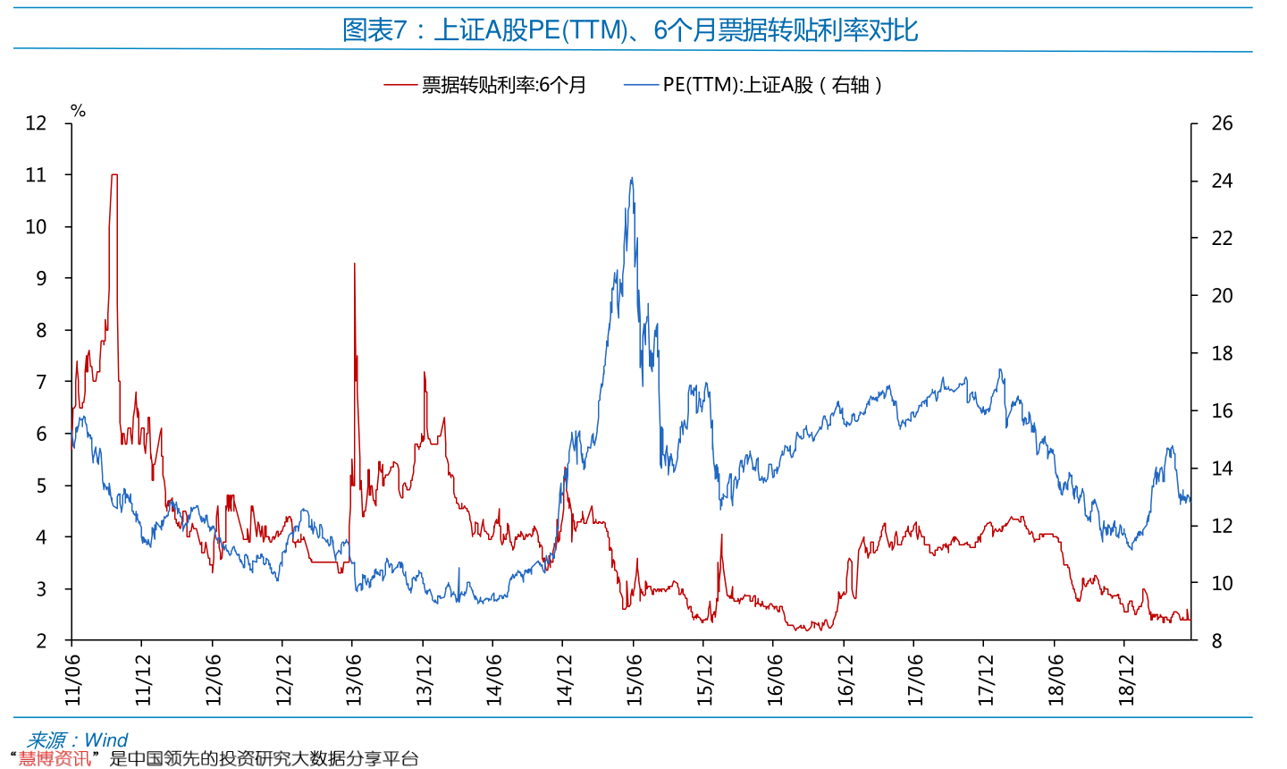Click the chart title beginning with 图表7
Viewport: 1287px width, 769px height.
point(630,30)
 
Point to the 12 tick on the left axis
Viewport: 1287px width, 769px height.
point(36,123)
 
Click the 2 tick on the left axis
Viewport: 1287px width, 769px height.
point(41,640)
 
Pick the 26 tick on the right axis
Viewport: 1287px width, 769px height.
point(1222,123)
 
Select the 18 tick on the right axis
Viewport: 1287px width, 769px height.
point(1222,353)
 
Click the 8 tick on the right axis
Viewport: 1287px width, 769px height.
point(1216,640)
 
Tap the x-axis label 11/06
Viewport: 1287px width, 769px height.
point(72,680)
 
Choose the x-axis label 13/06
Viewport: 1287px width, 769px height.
point(353,680)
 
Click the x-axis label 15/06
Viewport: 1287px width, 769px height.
point(634,680)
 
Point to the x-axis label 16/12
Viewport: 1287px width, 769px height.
point(845,680)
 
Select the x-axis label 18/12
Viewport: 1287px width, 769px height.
point(1125,680)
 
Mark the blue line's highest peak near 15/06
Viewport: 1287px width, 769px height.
point(632,178)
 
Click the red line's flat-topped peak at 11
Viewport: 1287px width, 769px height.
point(114,174)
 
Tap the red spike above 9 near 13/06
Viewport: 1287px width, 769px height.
point(355,264)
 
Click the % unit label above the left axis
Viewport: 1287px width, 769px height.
point(79,111)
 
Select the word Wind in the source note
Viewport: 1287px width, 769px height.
point(105,739)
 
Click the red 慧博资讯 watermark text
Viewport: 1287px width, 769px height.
point(55,759)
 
